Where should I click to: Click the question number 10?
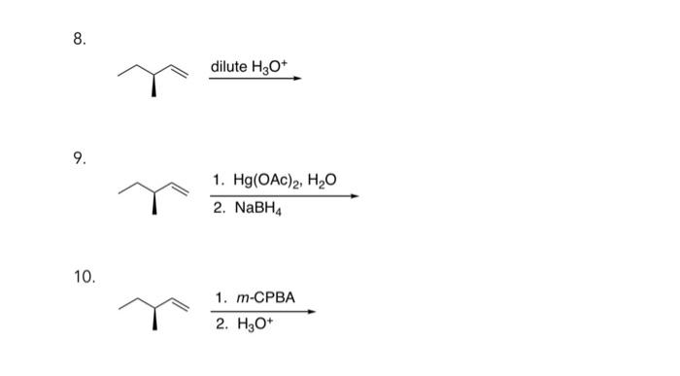tap(84, 277)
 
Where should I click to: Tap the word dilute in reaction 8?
tap(230, 66)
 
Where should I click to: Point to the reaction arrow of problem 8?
tap(255, 80)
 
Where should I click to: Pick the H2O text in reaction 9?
tap(323, 180)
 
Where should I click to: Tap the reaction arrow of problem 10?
tap(262, 312)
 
